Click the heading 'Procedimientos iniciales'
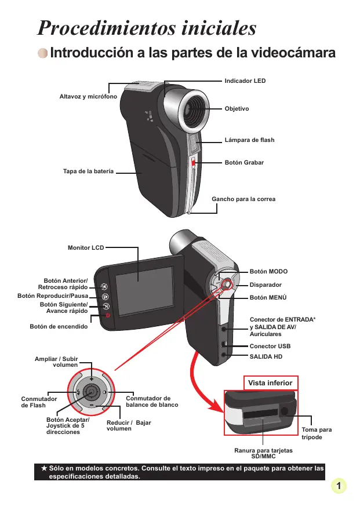(x=146, y=28)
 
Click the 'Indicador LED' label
(x=245, y=81)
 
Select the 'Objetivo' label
(x=237, y=109)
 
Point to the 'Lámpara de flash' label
(x=249, y=140)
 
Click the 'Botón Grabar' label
(x=244, y=163)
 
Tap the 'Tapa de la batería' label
(x=88, y=172)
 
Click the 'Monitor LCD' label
(x=86, y=248)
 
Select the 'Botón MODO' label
(x=268, y=271)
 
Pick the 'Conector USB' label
(x=270, y=346)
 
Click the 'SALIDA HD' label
(x=266, y=356)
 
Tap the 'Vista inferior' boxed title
(x=270, y=383)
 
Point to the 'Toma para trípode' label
(x=317, y=433)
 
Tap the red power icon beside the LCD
(x=107, y=315)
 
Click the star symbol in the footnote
(x=43, y=467)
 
